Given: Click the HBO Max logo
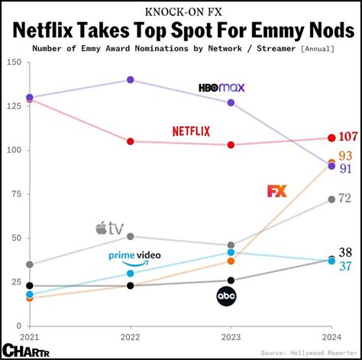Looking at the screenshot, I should coord(221,87).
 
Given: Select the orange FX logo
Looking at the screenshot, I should coord(277,191).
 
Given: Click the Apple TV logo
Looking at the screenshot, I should coord(109,227).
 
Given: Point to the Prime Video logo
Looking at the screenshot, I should coord(134,258).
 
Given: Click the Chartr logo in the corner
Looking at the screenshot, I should coord(21,349).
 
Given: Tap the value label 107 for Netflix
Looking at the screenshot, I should coord(347,138).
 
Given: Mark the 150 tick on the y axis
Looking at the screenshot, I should coord(13,62).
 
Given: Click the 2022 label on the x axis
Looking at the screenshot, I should coord(130,337).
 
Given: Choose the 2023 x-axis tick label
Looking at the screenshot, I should coord(231,337).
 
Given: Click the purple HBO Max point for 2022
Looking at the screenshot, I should coord(130,79).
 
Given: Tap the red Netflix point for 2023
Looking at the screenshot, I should coord(231,144).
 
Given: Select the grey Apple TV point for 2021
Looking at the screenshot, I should coord(29,264).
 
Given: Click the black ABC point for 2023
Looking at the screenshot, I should coord(231,281).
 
